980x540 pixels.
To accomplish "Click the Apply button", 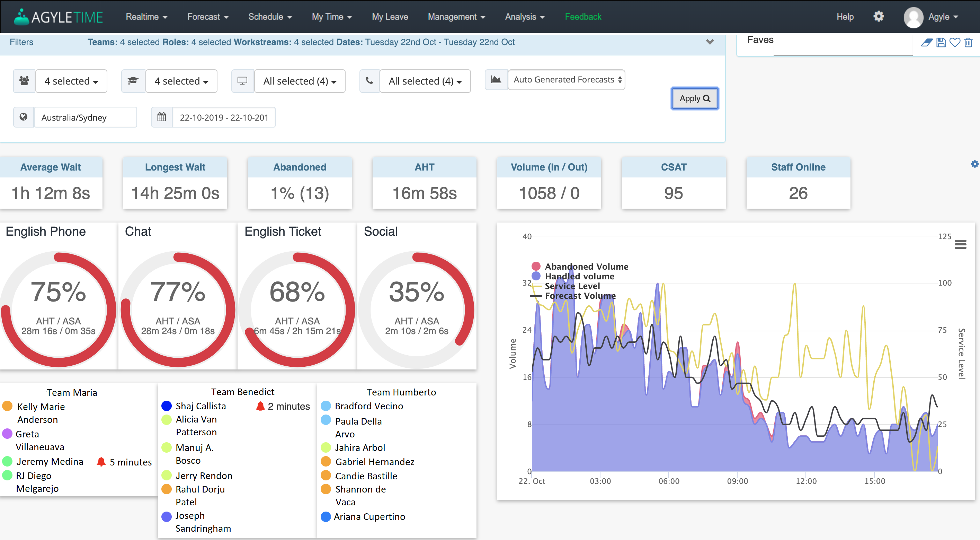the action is pos(694,99).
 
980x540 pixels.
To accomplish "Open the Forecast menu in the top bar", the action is pos(207,17).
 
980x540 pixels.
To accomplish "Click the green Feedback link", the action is pos(582,17).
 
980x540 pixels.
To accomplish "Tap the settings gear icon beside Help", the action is pos(878,16).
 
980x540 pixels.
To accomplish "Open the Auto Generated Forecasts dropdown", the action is pos(566,80).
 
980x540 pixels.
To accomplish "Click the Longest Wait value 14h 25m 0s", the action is pos(175,193).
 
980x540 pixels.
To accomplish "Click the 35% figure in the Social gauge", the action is pos(416,292).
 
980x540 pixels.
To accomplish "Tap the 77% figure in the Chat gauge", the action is pos(178,292).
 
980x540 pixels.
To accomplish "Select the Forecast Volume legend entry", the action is pos(579,296).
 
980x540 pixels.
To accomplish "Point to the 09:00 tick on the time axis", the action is pos(737,481).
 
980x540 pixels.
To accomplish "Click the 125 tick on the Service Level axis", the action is pos(944,236).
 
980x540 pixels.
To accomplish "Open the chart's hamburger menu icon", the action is pos(960,244).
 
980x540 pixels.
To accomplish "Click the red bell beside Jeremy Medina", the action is pos(101,462).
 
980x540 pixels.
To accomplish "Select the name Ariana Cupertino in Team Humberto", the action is pos(369,516).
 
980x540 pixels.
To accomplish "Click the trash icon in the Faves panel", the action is pos(968,43).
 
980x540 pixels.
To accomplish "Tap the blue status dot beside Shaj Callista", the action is pos(166,406).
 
